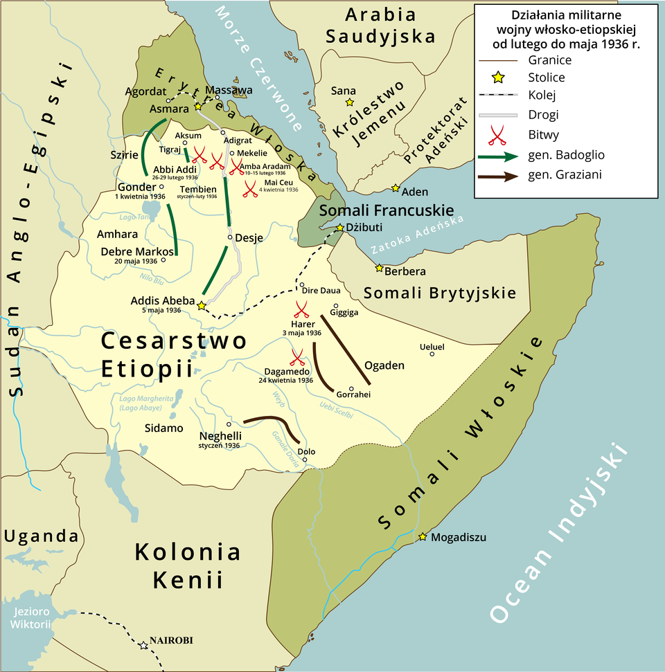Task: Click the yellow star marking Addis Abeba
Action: pyautogui.click(x=201, y=305)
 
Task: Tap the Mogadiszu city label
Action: pyautogui.click(x=459, y=537)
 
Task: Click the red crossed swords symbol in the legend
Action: pyautogui.click(x=496, y=135)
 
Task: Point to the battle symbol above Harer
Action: pyautogui.click(x=301, y=309)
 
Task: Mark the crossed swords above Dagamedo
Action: pyautogui.click(x=297, y=357)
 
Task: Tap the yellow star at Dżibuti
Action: pyautogui.click(x=340, y=228)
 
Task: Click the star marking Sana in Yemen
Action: pyautogui.click(x=350, y=102)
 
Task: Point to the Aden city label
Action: pyautogui.click(x=415, y=192)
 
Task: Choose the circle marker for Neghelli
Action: pyautogui.click(x=229, y=424)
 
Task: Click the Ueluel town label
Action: pyautogui.click(x=432, y=346)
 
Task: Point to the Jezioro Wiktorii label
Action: pyautogui.click(x=30, y=618)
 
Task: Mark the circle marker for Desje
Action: pyautogui.click(x=229, y=237)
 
